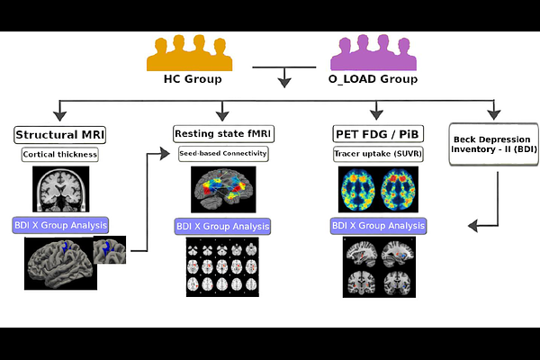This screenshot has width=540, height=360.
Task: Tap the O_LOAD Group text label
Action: (373, 79)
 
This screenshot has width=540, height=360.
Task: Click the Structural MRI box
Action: (59, 135)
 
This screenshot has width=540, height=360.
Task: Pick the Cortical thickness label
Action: (59, 154)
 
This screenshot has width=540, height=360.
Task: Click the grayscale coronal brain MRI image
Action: (60, 188)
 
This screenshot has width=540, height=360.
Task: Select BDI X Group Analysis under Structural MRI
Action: (59, 225)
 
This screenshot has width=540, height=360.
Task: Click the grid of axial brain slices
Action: (221, 267)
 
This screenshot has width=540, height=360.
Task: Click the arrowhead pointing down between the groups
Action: (284, 82)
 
